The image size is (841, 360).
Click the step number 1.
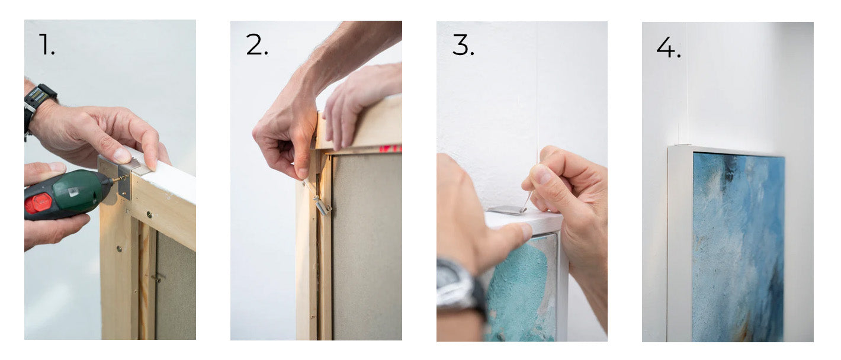tap(47, 44)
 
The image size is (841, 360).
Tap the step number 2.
tap(257, 44)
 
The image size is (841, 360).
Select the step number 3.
tap(463, 45)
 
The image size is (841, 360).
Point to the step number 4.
tap(669, 47)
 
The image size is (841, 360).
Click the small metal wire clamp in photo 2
tap(323, 205)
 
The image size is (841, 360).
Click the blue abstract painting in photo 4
tap(738, 247)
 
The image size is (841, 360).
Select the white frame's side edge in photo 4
tap(679, 244)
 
